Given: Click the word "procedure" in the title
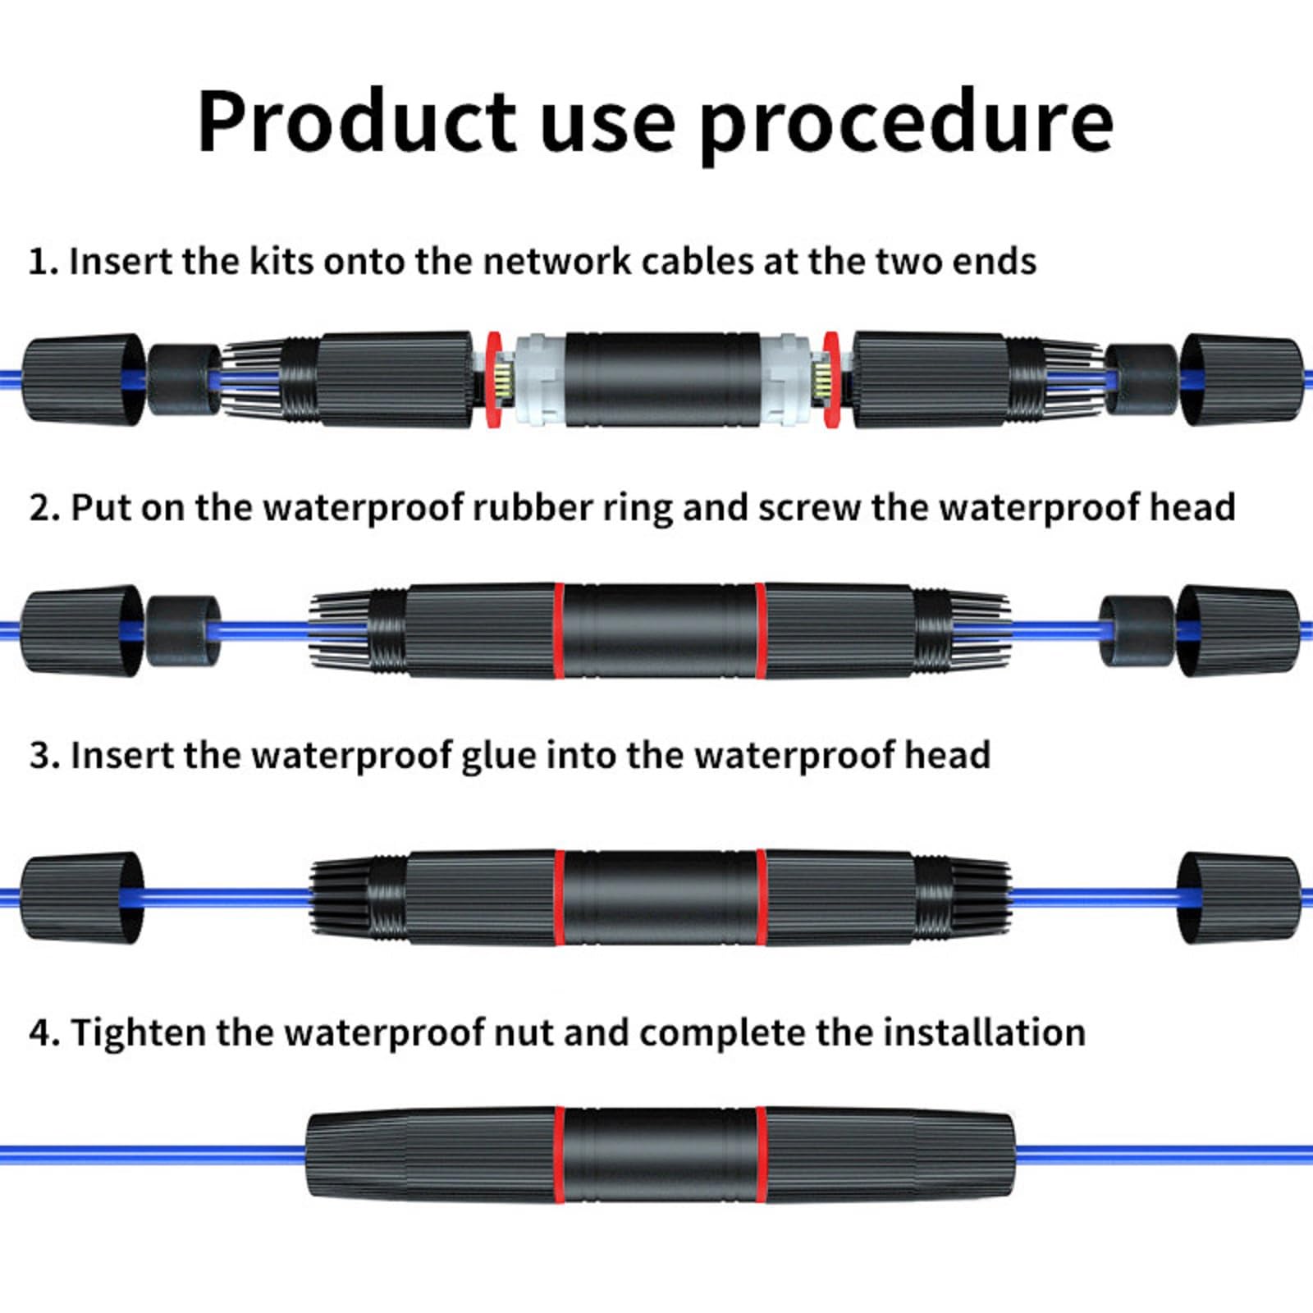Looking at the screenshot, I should (907, 123).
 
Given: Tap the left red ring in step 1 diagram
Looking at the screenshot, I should (493, 380).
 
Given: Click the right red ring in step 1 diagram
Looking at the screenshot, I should (831, 380).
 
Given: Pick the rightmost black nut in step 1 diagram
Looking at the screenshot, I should (1241, 379).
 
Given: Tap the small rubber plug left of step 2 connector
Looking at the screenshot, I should (182, 630).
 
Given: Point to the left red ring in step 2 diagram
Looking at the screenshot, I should (558, 631).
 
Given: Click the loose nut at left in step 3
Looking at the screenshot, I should (80, 897).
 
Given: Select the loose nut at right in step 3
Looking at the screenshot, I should (1238, 897).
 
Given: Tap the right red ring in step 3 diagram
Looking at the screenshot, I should (761, 897).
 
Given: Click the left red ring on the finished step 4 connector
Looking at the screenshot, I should (558, 1155).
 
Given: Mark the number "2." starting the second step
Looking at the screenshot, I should (44, 508).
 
